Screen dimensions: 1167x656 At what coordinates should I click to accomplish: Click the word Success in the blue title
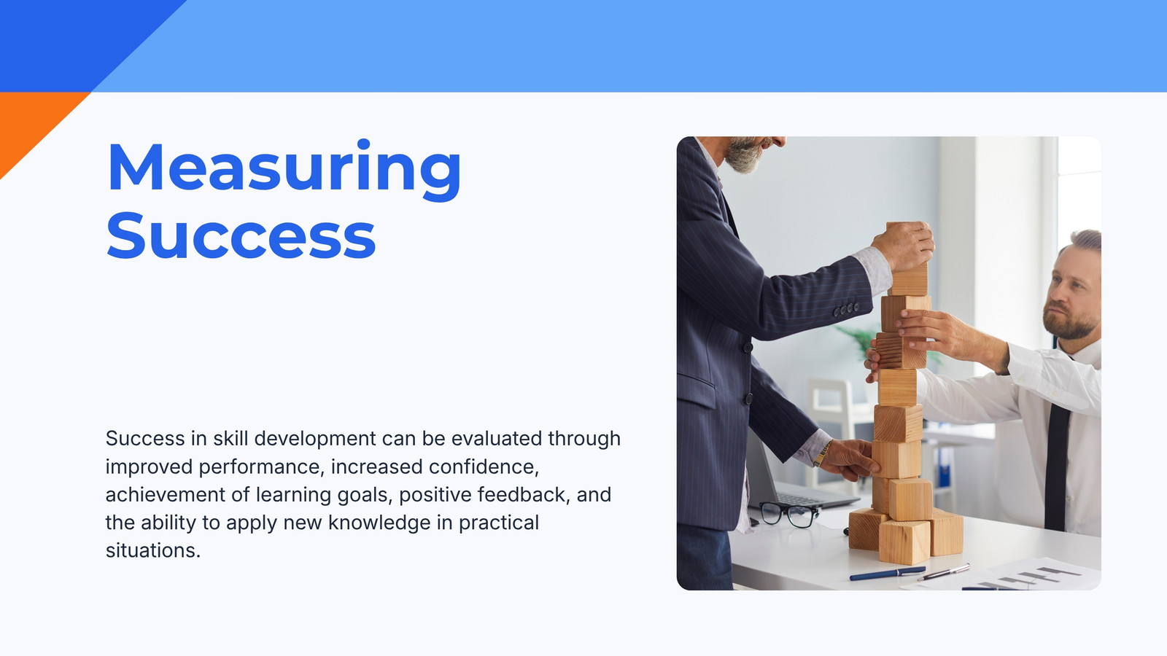[241, 235]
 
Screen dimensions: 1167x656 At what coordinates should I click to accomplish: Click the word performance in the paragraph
[262, 467]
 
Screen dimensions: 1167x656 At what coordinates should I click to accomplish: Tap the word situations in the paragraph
[153, 550]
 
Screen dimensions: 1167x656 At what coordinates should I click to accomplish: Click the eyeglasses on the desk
[788, 515]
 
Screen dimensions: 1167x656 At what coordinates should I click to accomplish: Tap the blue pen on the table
[887, 573]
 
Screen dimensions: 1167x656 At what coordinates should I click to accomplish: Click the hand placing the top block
[904, 246]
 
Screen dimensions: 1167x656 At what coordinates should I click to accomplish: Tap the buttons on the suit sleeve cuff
[846, 310]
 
